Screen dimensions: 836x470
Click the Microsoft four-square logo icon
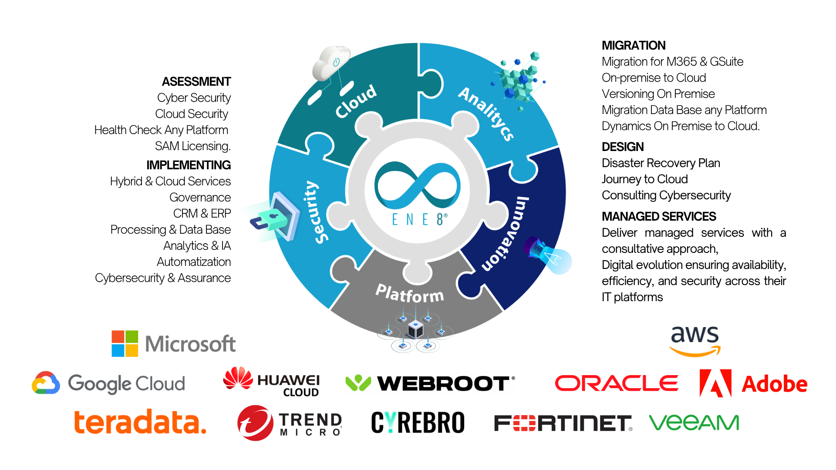pos(125,344)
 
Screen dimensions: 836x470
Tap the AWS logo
pos(695,341)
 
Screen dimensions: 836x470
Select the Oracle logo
pos(617,383)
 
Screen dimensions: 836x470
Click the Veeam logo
pos(694,423)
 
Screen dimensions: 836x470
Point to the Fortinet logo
pos(563,423)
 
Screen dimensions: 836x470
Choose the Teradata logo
pos(140,422)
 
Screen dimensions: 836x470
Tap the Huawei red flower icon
pos(238,378)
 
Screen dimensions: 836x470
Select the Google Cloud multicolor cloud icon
pos(46,383)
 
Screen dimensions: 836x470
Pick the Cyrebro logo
pos(418,423)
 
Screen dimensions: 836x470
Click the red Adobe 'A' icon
pos(715,383)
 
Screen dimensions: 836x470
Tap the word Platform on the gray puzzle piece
pos(410,294)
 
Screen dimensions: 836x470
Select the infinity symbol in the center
pos(418,185)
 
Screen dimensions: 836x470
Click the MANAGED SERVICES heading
pos(659,216)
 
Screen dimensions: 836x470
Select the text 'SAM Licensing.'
pos(193,146)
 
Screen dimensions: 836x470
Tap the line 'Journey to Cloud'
pos(645,179)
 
